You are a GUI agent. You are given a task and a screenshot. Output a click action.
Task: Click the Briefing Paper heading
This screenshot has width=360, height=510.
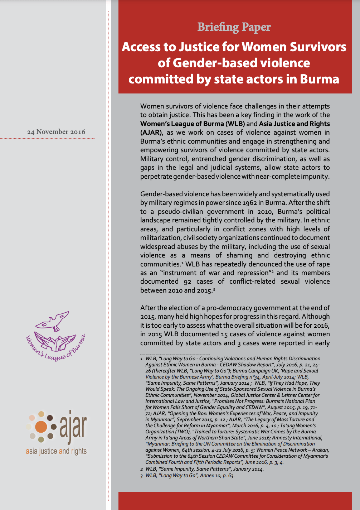[234, 27]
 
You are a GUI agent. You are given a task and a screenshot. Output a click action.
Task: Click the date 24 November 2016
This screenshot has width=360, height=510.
[56, 132]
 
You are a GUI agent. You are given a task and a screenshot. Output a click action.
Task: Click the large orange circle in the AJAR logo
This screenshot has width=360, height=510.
[41, 427]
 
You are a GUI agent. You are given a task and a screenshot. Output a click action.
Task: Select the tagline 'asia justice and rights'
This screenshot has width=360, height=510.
[56, 451]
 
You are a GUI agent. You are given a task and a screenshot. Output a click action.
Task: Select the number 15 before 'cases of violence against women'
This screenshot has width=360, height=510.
[224, 334]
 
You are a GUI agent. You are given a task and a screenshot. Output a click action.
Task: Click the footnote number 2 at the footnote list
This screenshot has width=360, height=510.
[142, 469]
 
